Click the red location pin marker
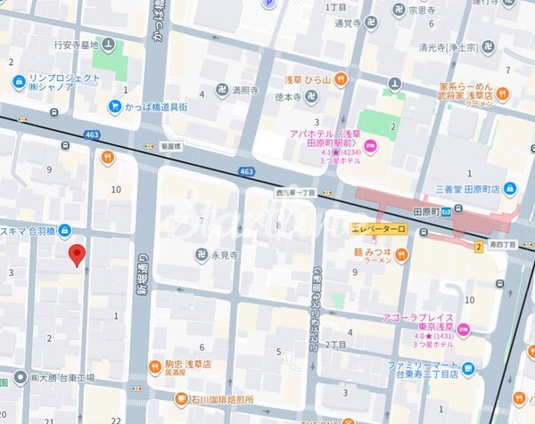(78, 255)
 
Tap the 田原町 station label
(427, 211)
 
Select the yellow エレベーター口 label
(378, 230)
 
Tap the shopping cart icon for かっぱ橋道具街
(114, 106)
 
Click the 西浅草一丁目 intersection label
(296, 192)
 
